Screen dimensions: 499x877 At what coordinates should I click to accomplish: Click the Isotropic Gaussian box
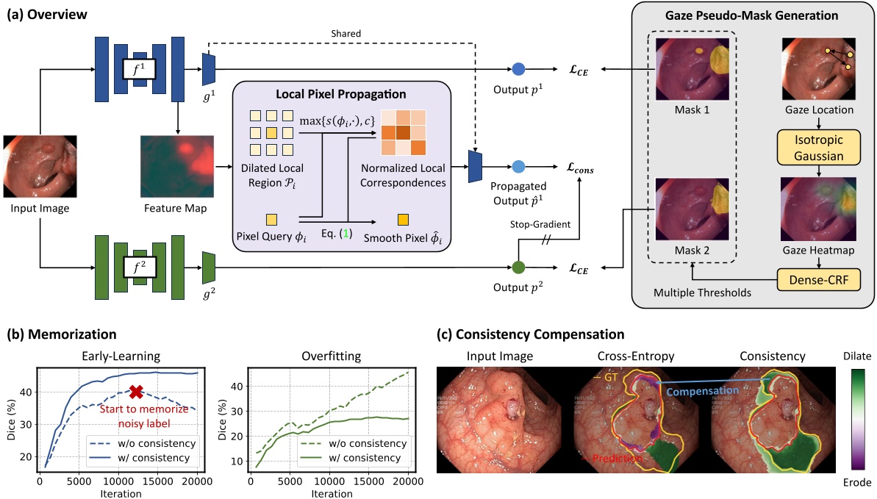pyautogui.click(x=818, y=146)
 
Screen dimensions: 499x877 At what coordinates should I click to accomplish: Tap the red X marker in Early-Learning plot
pyautogui.click(x=135, y=392)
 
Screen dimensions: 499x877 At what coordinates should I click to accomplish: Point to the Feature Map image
pyautogui.click(x=177, y=168)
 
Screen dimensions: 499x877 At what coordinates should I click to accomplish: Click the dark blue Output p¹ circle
pyautogui.click(x=518, y=70)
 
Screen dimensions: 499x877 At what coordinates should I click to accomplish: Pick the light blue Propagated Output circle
pyautogui.click(x=518, y=167)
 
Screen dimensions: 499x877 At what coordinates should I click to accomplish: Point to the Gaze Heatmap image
pyautogui.click(x=818, y=209)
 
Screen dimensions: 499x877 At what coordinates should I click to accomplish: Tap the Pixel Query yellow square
pyautogui.click(x=272, y=219)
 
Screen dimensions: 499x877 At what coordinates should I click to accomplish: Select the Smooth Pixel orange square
pyautogui.click(x=403, y=219)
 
